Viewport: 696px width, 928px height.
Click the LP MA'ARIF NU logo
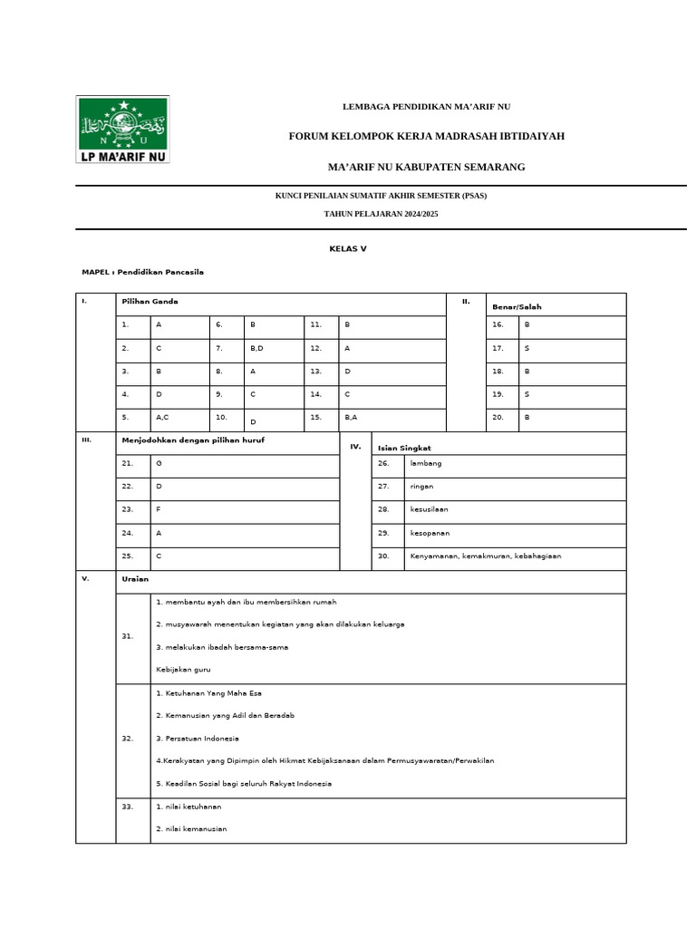(x=123, y=130)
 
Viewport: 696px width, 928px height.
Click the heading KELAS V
(x=347, y=247)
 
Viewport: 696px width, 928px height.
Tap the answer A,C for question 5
(x=162, y=417)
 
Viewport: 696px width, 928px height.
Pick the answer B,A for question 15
(x=352, y=417)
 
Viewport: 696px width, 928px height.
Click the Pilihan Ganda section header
(x=150, y=301)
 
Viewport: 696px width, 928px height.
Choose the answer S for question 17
(x=527, y=348)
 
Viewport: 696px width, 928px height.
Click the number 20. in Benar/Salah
(x=498, y=417)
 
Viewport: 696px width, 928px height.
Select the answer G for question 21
(x=159, y=463)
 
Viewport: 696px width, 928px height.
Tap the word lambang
(x=426, y=463)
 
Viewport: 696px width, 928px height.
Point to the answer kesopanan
(x=430, y=533)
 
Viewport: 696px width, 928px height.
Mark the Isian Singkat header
(x=404, y=448)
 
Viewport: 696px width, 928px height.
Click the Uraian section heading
(x=135, y=578)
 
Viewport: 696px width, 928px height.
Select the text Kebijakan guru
(x=183, y=669)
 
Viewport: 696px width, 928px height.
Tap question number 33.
(x=127, y=806)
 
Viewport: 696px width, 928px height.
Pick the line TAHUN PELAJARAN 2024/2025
(x=381, y=213)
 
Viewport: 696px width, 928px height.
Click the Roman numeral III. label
(x=87, y=440)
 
